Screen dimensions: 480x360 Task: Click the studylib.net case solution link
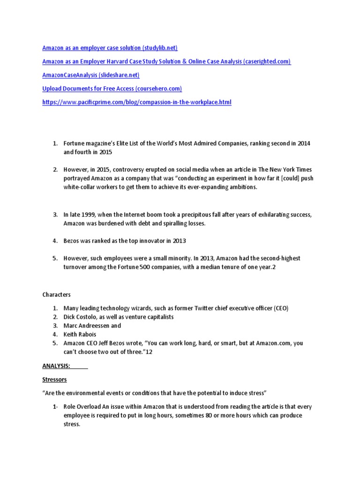click(x=110, y=48)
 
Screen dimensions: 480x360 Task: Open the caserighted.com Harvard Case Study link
click(x=166, y=61)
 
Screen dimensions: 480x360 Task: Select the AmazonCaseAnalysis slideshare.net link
click(x=90, y=75)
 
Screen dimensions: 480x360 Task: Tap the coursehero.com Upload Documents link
click(x=112, y=89)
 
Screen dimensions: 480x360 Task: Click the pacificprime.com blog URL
click(x=137, y=102)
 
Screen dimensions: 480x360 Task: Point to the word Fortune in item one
click(x=75, y=142)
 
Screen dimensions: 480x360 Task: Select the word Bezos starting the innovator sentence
click(x=73, y=241)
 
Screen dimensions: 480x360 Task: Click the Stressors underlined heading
click(x=54, y=379)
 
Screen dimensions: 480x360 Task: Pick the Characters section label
click(x=56, y=295)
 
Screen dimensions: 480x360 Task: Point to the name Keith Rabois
click(x=81, y=334)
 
